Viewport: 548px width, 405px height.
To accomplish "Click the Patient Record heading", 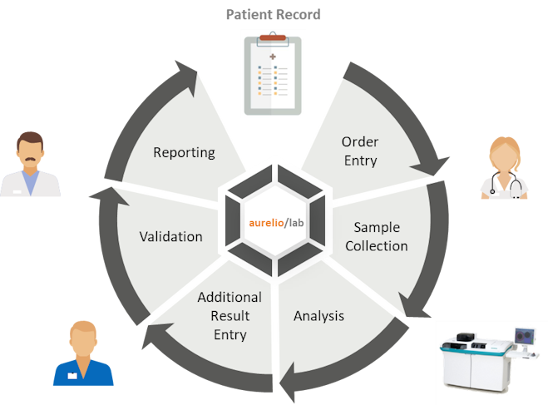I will pos(274,15).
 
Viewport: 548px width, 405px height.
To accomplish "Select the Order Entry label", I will pos(360,151).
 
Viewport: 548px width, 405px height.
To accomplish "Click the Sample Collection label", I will pos(380,236).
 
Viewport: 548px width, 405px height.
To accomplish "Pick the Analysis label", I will pos(318,316).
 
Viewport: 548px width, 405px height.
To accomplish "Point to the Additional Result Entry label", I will pos(230,315).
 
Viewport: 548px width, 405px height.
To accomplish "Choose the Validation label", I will pos(170,236).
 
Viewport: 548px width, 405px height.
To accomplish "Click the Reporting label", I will pos(184,152).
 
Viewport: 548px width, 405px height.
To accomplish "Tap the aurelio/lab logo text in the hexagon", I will pos(274,222).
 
